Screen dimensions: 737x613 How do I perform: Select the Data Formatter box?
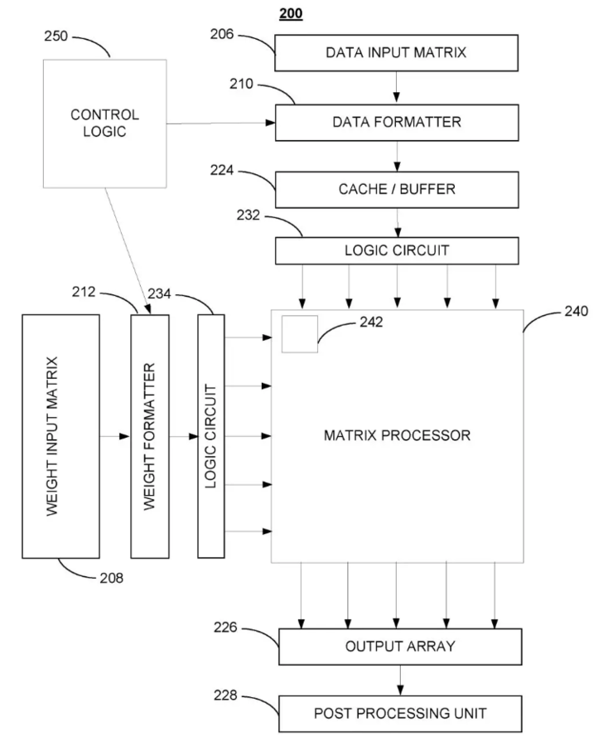(396, 122)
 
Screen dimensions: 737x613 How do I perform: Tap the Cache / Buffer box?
(396, 190)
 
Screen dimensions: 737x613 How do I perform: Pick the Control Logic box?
(104, 122)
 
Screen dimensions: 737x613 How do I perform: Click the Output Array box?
(400, 646)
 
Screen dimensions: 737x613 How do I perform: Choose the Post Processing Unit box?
(400, 713)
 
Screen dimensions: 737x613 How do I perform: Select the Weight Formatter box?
(150, 436)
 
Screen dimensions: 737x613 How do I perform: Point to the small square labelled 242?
(300, 335)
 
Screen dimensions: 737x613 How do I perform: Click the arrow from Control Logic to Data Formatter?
(220, 123)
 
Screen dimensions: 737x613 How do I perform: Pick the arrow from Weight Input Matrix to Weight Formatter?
(114, 436)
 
